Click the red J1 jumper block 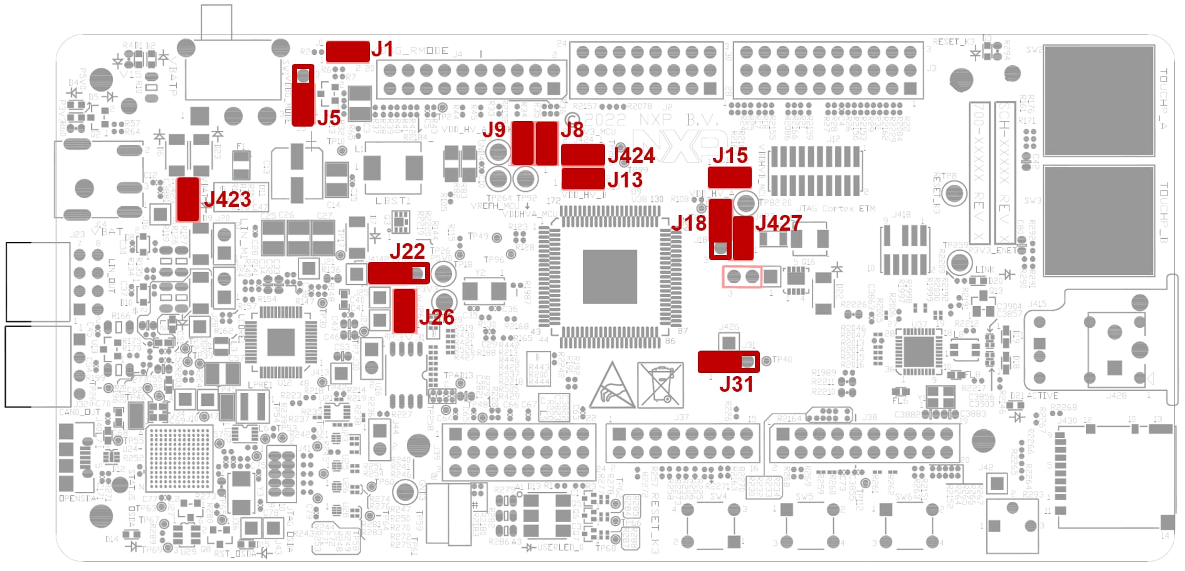coord(347,51)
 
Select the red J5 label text coord(329,118)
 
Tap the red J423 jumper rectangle coord(187,199)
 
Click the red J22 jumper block coord(398,273)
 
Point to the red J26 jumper coord(404,310)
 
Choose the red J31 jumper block coord(728,362)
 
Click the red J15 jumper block coord(729,177)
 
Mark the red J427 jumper coord(743,238)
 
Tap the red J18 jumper coord(720,229)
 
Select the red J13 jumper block coord(583,179)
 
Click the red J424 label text coord(631,155)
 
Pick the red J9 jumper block coord(523,143)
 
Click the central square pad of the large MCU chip coord(609,276)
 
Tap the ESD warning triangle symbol coord(611,385)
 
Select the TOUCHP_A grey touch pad coord(1099,100)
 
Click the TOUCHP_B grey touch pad coord(1099,221)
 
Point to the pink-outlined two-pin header coord(742,276)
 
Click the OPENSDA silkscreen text coord(78,498)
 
